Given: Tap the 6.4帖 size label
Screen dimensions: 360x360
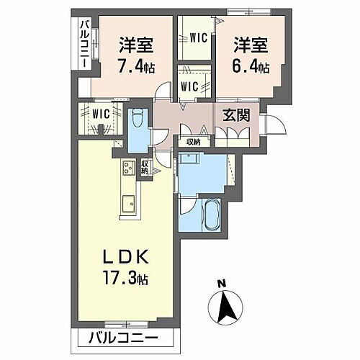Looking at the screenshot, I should tap(250, 67).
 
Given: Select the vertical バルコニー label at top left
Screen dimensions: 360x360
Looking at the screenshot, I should tap(84, 45).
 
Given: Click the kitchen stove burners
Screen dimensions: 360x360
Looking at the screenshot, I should tap(128, 170).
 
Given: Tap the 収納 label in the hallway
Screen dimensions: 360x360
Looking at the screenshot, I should tap(192, 142).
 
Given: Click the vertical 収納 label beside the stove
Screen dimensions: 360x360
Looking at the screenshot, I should tap(144, 167).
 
